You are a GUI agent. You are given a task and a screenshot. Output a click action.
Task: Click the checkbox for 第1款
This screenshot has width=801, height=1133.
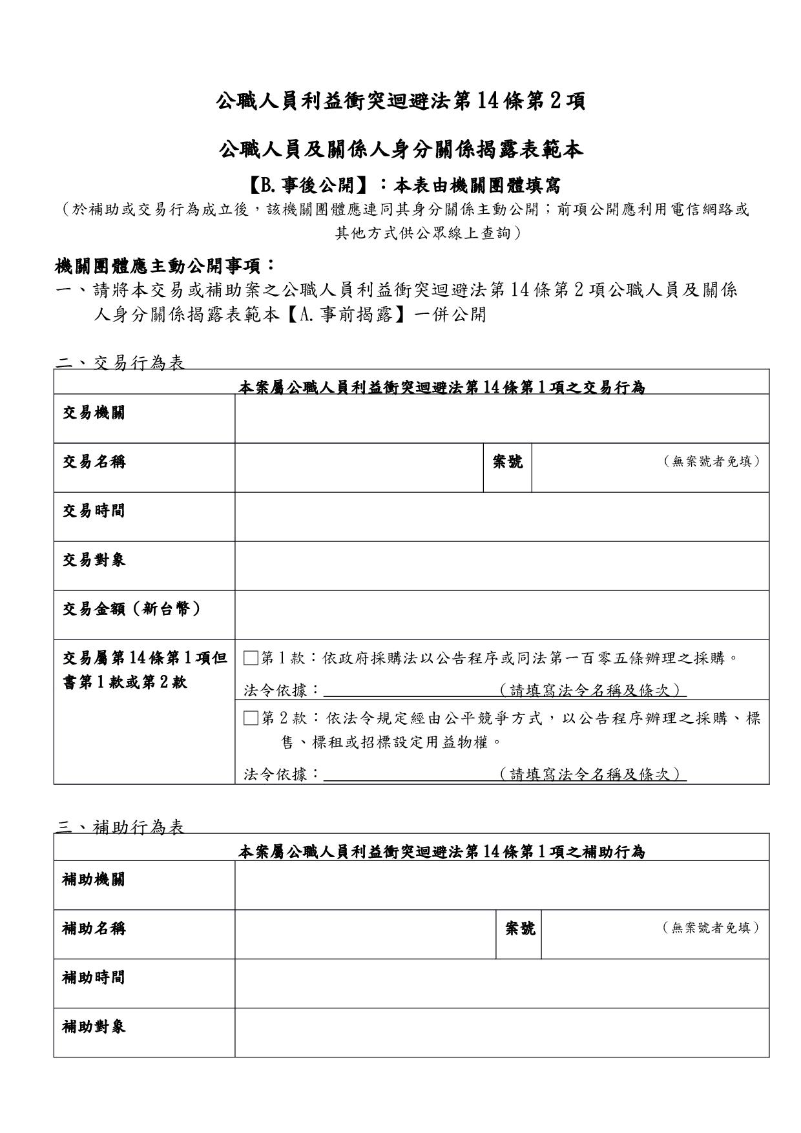coord(251,658)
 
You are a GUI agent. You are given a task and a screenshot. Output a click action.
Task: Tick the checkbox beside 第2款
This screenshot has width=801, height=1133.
coord(251,718)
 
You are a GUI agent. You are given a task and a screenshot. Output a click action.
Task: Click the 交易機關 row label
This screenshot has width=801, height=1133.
coord(94,413)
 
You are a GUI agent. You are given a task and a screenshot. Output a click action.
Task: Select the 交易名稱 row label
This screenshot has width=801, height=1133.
coord(94,462)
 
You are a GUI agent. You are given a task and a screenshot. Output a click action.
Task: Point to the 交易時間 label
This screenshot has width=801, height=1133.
coord(94,511)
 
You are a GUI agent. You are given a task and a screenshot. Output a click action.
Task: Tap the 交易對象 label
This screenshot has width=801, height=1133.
coord(94,560)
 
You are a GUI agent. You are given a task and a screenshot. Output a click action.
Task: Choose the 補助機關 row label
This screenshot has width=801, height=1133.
coord(94,879)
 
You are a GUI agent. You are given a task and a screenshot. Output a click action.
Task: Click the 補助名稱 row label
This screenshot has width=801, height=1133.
coord(94,928)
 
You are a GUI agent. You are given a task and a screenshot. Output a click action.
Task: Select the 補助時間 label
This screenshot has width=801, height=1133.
coord(94,977)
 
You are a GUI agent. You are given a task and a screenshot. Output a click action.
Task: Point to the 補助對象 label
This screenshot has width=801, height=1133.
coord(94,1026)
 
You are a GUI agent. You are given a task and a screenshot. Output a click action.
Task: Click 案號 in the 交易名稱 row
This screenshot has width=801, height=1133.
coord(508,462)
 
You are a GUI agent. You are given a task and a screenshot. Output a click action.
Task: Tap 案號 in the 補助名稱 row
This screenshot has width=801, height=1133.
coord(519,928)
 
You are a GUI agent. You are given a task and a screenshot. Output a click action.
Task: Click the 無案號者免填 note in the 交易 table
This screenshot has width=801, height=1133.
coord(712,461)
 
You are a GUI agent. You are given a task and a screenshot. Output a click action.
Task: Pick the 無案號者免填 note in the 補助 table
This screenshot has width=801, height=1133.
coord(712,928)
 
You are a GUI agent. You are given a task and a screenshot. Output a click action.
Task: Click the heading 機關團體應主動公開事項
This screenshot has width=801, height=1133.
coord(165,265)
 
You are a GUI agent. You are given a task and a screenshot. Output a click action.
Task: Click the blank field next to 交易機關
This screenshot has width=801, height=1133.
coord(501,418)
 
